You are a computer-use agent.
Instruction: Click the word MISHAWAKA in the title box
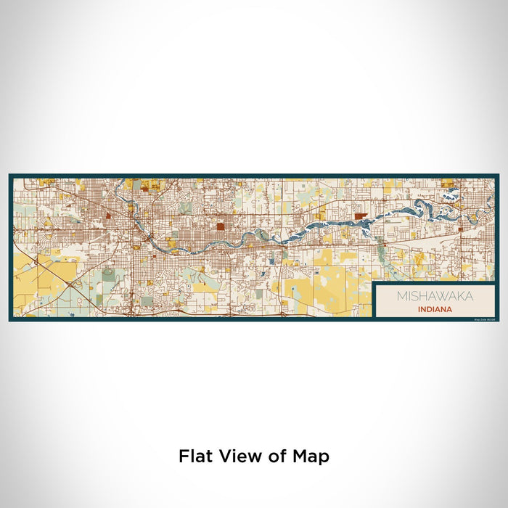coord(435,296)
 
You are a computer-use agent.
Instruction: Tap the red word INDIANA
coord(435,308)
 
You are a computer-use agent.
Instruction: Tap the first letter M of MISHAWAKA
coord(401,296)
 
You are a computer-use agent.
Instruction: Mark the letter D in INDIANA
coord(429,308)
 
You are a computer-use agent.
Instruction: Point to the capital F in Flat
coord(183,456)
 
